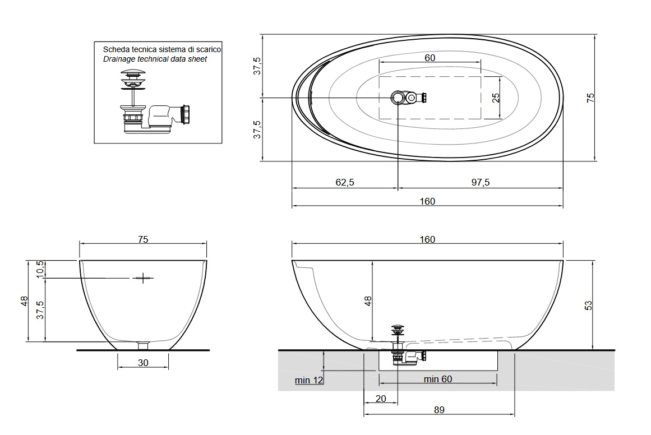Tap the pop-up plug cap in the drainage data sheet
tap(133, 73)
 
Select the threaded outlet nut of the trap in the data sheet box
tap(186, 114)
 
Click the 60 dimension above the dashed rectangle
tap(430, 58)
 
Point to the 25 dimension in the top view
tap(496, 98)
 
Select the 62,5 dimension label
tap(345, 182)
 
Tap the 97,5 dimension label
tap(481, 182)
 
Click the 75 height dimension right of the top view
tap(590, 98)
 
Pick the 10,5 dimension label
tap(40, 270)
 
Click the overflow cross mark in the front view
tap(143, 277)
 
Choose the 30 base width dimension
tap(143, 363)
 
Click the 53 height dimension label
tap(588, 306)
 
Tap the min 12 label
tap(308, 380)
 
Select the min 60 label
tap(437, 379)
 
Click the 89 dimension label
tap(439, 410)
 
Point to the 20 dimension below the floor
tap(380, 399)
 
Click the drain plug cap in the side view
tap(398, 328)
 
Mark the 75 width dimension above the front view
tap(143, 239)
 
